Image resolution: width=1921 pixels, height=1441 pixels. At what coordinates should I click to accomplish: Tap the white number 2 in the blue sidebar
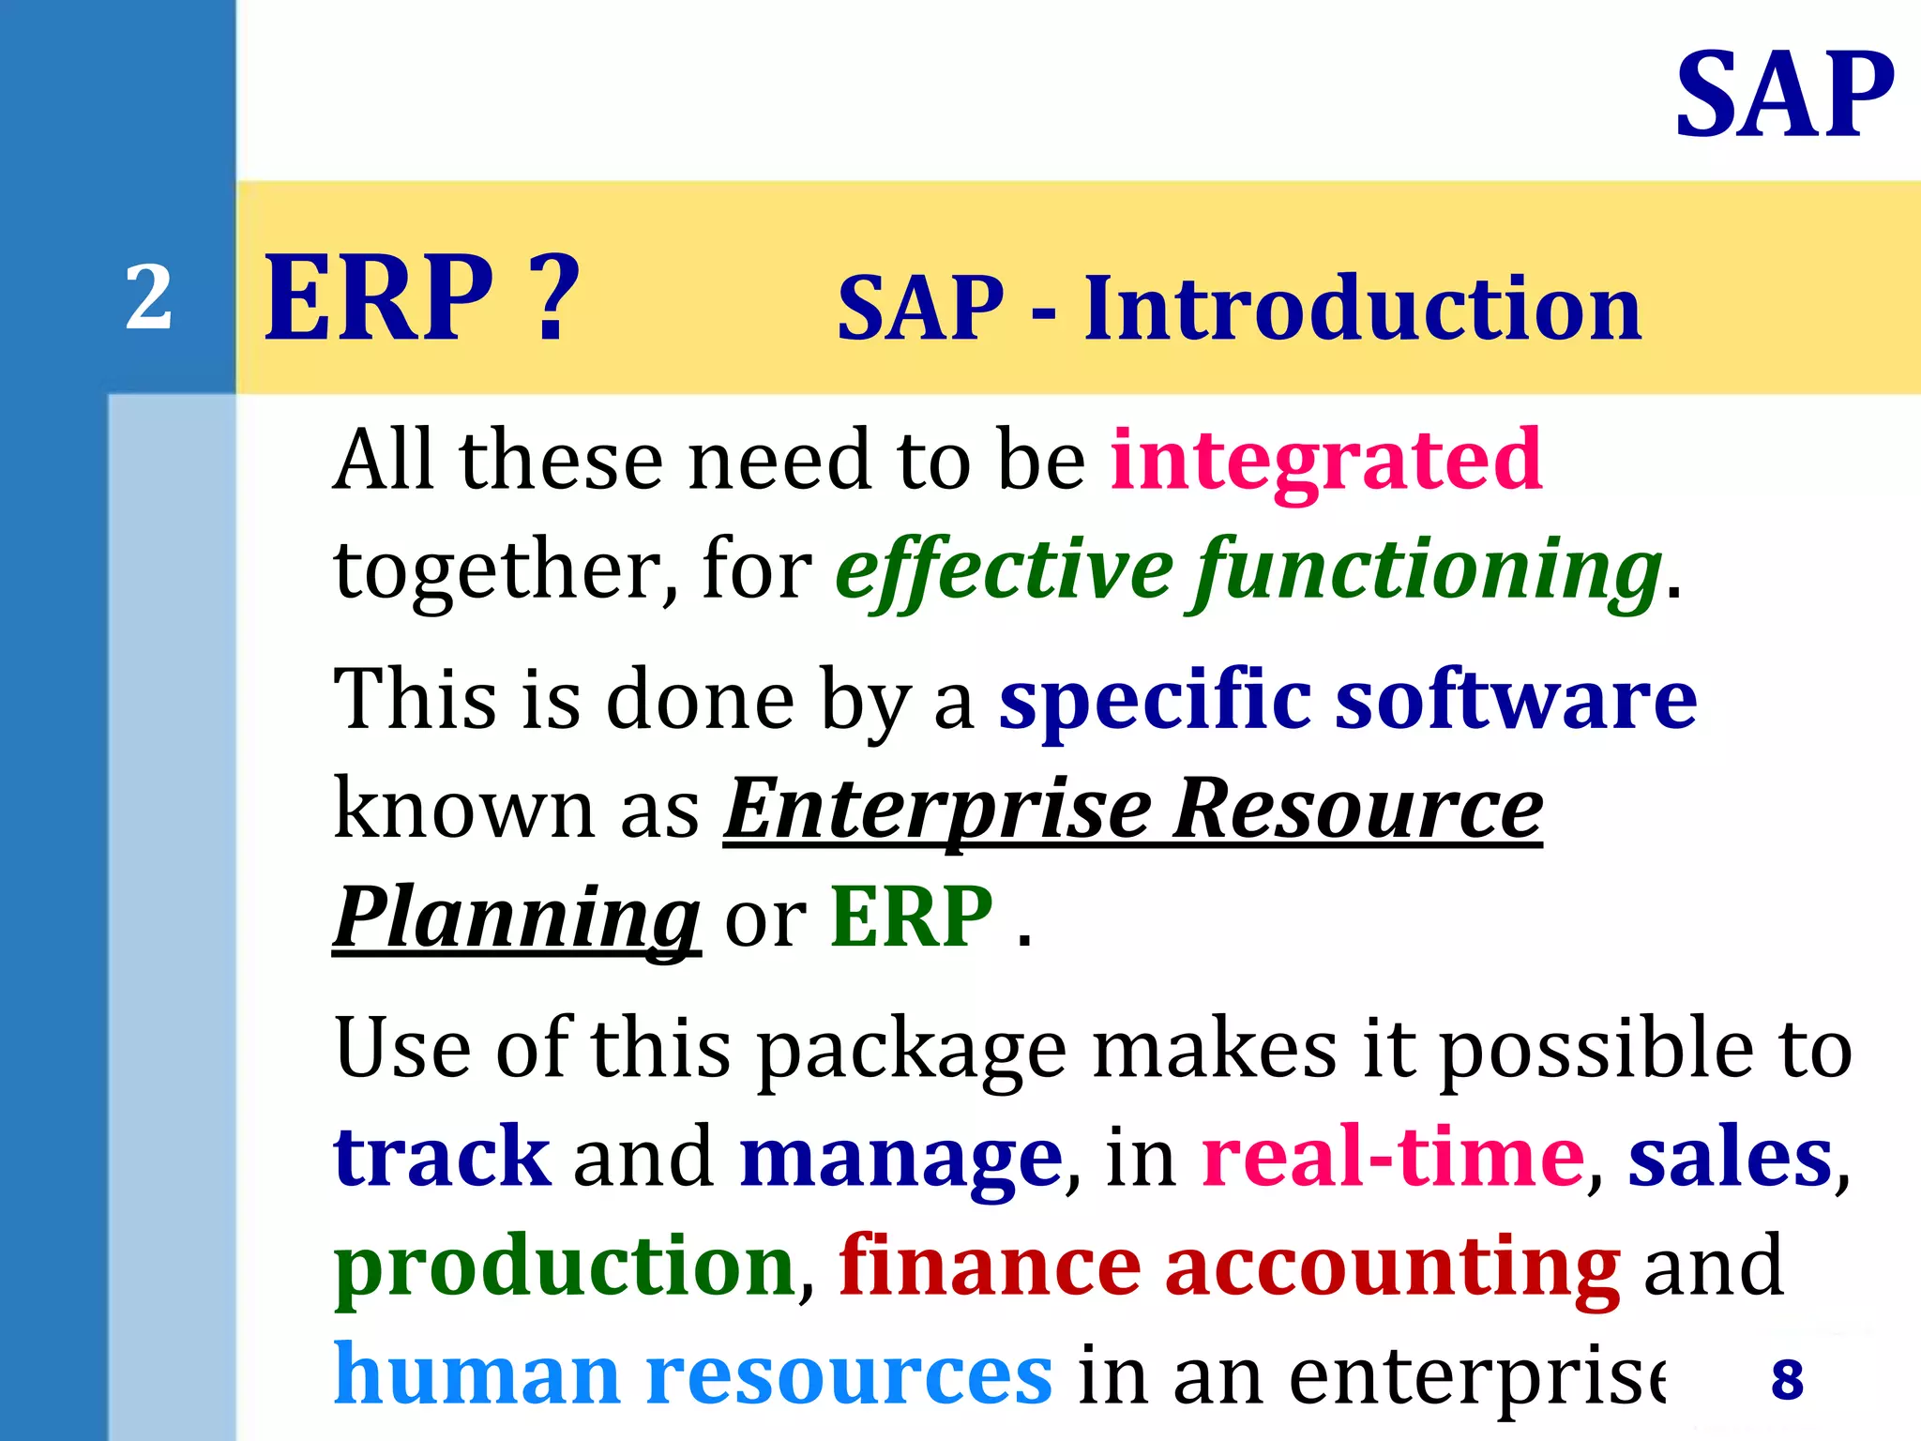(x=149, y=298)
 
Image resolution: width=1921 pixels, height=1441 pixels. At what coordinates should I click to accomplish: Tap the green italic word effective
(x=1003, y=569)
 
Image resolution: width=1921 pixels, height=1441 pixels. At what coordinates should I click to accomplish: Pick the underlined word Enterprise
(x=937, y=809)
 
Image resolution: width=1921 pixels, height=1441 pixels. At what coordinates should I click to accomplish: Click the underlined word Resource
(x=1357, y=809)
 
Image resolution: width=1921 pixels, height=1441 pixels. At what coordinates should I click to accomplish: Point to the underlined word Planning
(x=517, y=918)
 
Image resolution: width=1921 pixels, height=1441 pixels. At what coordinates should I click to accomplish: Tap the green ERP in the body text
(x=911, y=917)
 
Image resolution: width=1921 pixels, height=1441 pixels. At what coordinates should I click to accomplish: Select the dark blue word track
(x=442, y=1157)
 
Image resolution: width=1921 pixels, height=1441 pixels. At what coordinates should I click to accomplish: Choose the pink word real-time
(x=1393, y=1157)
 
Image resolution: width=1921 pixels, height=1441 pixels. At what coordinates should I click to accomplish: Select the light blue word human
(x=477, y=1374)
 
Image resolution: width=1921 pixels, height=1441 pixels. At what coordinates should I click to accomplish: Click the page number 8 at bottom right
(x=1787, y=1380)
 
